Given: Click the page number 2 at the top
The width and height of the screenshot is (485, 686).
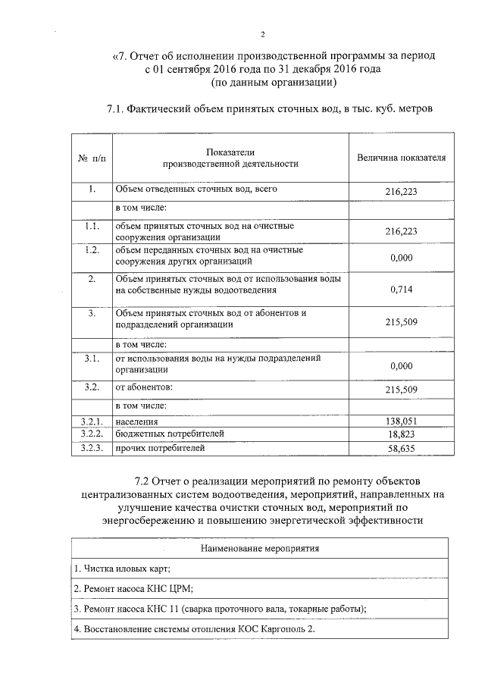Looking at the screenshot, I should point(262,34).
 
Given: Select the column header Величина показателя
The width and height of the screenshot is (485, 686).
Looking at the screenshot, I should point(401,158).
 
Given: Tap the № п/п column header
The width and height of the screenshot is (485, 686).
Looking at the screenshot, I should point(92,158).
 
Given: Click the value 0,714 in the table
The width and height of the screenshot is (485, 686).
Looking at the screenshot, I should point(401,289).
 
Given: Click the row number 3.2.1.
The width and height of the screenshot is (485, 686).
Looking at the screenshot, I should point(92,421).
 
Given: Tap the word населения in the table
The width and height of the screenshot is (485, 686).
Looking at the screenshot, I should point(136,421).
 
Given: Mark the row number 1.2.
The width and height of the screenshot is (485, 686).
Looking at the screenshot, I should point(92,249).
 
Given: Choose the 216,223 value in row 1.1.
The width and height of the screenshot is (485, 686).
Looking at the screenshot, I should point(401,231).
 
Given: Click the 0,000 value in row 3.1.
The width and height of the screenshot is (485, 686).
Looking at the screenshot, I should point(401,365).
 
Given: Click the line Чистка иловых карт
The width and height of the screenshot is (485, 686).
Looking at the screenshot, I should point(122,568).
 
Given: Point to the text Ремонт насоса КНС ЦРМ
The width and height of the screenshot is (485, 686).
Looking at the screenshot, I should point(133,588).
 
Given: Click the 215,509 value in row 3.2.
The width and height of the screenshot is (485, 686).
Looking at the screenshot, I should point(401,390).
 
